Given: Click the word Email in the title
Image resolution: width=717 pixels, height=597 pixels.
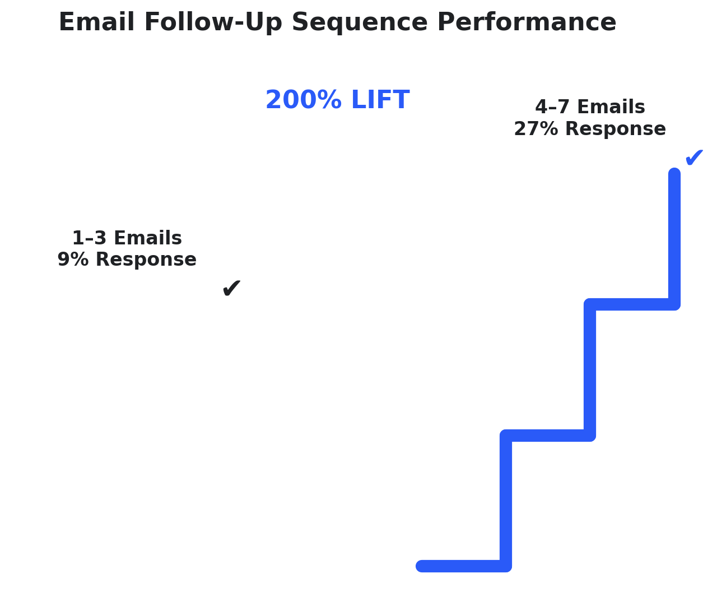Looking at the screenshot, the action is click(x=96, y=22).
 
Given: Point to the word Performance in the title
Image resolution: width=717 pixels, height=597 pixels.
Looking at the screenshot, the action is click(x=527, y=22).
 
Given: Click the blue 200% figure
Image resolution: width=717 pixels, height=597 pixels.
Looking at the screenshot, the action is click(x=304, y=100).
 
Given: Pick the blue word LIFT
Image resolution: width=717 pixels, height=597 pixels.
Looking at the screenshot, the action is click(x=380, y=100).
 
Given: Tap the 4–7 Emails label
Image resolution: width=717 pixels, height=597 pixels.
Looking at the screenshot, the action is click(x=590, y=107).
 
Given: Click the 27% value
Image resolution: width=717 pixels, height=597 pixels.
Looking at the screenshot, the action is click(x=536, y=129).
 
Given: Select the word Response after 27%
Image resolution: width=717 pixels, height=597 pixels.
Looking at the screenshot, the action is click(x=616, y=129).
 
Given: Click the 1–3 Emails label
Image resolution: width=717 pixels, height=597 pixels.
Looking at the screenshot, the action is click(x=127, y=238).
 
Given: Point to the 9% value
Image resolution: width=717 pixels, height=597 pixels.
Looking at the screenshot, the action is click(x=73, y=260).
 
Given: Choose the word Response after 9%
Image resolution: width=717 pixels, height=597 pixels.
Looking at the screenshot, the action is click(x=146, y=260).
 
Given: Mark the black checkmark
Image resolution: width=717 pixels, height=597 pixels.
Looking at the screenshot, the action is click(x=232, y=288).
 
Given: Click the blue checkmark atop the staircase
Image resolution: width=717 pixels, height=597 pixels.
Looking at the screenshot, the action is click(x=693, y=158).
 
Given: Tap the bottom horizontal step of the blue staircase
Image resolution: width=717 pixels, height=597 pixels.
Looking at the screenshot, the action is click(x=464, y=566).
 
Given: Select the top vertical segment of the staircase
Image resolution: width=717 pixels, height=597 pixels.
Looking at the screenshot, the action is click(x=674, y=239).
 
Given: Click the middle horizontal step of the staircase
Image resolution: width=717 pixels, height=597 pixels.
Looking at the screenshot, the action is click(x=548, y=435).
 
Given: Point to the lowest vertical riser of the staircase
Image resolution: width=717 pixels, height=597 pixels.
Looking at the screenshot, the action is click(x=505, y=501).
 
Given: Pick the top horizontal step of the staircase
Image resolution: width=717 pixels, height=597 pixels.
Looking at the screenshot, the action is click(x=632, y=304).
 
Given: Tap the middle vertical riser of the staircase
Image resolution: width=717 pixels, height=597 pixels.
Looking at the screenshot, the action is click(x=590, y=370).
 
